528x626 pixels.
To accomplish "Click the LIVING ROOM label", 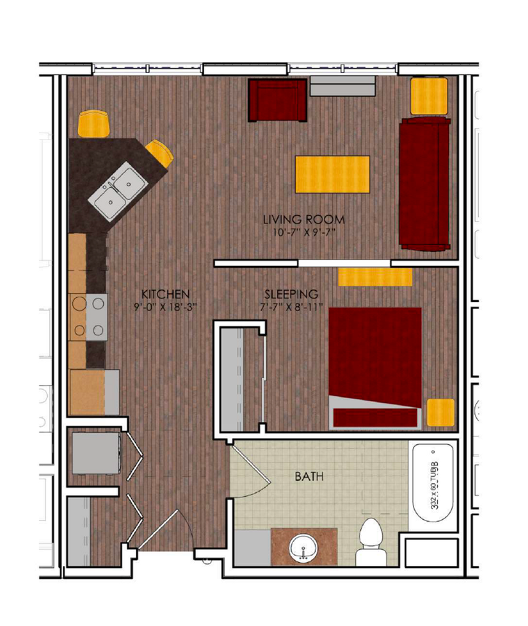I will click(x=303, y=219).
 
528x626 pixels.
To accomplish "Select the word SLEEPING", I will click(x=291, y=293).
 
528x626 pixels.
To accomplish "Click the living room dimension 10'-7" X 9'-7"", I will click(x=303, y=232).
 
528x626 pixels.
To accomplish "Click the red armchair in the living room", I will click(x=277, y=100).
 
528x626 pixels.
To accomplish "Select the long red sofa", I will click(x=424, y=183).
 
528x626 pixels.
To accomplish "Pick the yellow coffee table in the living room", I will click(x=332, y=174).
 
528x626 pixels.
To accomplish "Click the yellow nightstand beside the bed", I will click(x=441, y=412).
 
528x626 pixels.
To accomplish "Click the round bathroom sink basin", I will click(x=303, y=546).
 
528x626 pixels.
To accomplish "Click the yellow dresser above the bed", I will click(x=375, y=276).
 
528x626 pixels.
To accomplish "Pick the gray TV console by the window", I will click(x=342, y=86).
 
